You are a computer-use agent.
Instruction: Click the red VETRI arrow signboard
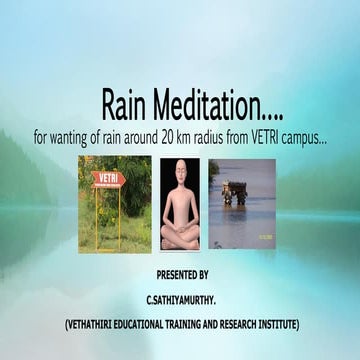click(x=107, y=180)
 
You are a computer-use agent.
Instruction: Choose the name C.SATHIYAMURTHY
click(x=181, y=298)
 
